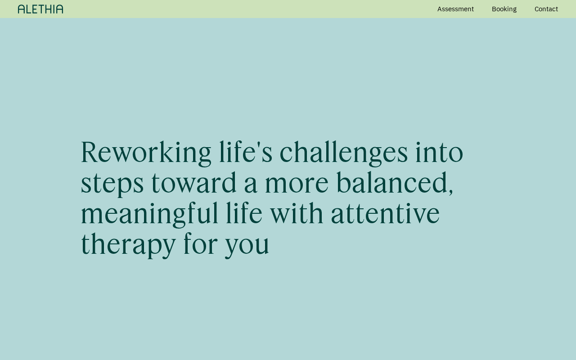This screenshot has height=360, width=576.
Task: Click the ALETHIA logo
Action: click(40, 9)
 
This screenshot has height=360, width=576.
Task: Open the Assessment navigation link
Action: click(455, 9)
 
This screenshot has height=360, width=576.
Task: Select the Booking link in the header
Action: click(504, 9)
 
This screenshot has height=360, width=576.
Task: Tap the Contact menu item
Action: click(546, 9)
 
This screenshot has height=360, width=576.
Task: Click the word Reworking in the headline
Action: click(146, 153)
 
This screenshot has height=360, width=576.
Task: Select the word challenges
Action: click(344, 153)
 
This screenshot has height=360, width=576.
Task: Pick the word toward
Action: click(194, 183)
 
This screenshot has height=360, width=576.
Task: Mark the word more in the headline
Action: click(297, 184)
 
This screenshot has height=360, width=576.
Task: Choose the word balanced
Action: click(392, 182)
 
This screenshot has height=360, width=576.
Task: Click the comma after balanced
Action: click(451, 192)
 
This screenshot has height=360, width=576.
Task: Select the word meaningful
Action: click(150, 215)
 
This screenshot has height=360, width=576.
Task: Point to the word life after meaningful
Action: click(244, 213)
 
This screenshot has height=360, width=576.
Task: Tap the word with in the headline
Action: click(297, 213)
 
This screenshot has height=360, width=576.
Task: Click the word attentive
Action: click(385, 214)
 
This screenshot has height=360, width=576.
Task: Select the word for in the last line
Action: click(201, 243)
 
